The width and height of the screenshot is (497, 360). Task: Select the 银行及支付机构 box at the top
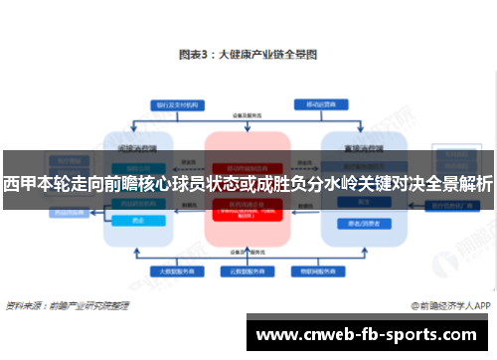[x=178, y=102]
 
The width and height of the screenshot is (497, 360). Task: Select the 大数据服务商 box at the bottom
[x=178, y=270]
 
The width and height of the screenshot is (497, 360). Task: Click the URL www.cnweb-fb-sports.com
[x=369, y=333]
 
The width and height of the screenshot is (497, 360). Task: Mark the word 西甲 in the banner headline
[x=20, y=184]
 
